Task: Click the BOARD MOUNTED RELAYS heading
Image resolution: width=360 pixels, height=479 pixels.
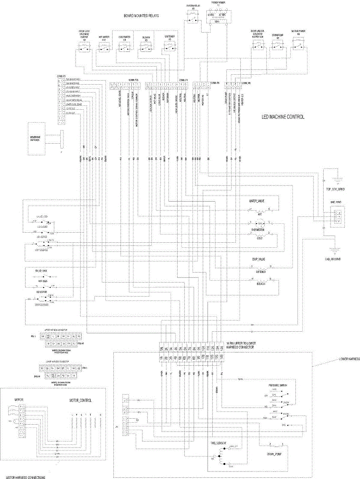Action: point(141,16)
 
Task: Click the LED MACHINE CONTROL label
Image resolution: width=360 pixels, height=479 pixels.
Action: point(283,117)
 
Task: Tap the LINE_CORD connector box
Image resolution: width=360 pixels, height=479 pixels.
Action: point(337,218)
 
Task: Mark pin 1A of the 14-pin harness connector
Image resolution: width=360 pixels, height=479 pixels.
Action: point(161,348)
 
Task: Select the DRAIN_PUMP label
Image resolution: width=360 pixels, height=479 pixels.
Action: point(275,454)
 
